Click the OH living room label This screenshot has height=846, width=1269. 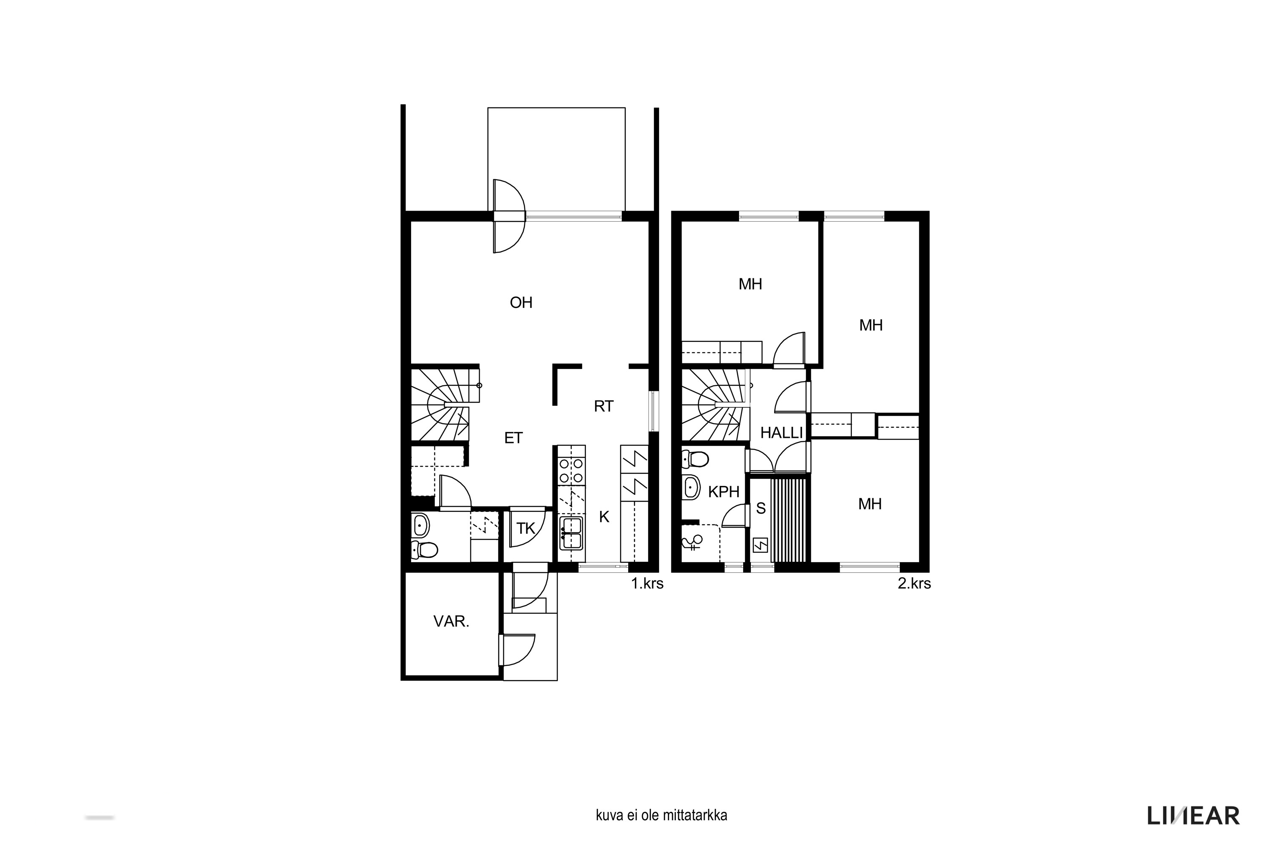pos(521,303)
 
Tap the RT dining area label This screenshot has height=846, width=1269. pos(604,406)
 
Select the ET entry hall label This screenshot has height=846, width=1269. pos(513,438)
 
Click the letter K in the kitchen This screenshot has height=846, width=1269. pos(604,517)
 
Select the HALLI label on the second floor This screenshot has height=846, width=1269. pos(781,433)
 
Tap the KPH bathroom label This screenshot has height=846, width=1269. pos(723,492)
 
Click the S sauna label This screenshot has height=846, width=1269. pos(761,508)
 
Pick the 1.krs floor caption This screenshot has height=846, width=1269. pos(648,583)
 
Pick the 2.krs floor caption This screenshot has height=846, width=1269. pos(915,583)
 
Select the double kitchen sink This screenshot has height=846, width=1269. pos(571,533)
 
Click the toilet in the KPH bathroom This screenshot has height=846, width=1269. pos(695,459)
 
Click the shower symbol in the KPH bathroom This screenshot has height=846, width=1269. pos(692,542)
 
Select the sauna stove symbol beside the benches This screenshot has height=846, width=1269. pos(760,546)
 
